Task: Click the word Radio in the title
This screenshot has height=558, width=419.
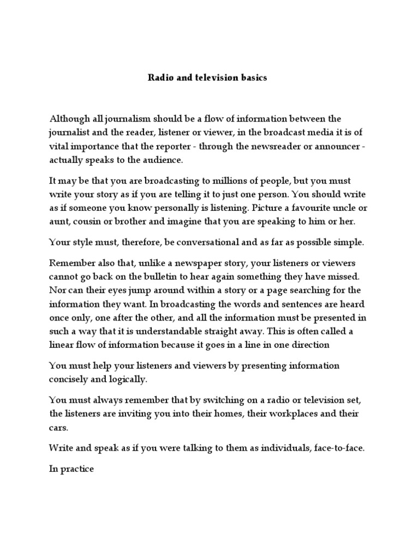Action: coord(159,78)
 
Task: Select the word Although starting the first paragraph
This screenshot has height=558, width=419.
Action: coord(69,118)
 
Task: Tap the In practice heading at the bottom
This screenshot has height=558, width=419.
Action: coord(72,468)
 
